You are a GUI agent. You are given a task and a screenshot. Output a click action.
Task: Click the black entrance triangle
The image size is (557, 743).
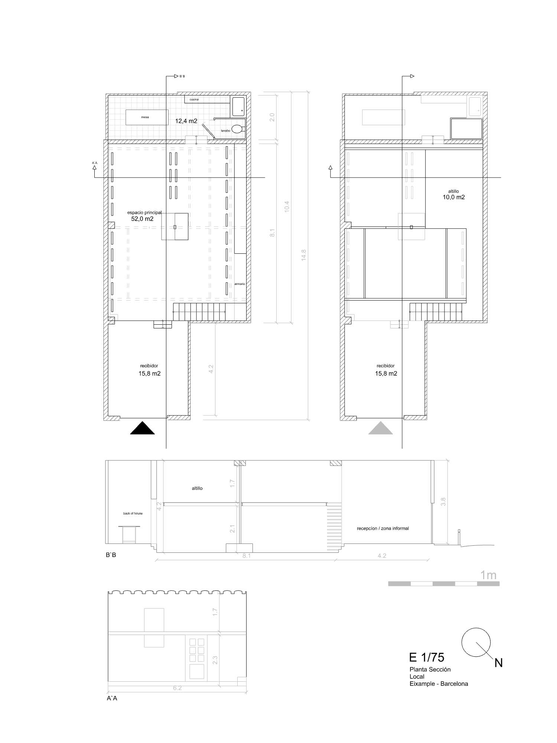142,429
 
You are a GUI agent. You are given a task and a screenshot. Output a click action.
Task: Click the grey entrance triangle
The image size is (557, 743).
380,429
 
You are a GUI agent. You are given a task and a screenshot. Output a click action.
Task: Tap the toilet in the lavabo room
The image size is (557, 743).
238,129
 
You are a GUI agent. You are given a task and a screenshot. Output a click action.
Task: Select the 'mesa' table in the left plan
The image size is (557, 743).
145,117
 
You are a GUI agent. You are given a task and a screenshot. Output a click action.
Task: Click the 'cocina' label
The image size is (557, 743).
194,100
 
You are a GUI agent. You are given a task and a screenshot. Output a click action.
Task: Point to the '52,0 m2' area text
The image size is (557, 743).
142,219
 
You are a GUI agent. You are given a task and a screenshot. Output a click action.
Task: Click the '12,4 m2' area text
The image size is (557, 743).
186,121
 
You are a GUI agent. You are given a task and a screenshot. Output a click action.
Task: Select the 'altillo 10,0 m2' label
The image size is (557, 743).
453,195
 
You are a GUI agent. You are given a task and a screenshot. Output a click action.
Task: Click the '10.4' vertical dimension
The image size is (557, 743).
287,207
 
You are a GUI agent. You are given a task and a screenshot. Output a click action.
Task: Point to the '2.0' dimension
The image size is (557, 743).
272,117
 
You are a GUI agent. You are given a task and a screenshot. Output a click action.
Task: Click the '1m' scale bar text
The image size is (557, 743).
488,575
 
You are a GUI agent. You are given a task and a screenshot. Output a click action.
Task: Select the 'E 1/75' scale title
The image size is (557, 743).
426,657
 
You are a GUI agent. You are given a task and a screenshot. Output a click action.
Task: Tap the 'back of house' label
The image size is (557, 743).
133,513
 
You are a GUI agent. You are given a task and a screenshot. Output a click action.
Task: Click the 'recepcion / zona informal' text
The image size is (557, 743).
382,528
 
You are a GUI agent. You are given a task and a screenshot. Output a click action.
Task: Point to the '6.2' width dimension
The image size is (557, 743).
177,688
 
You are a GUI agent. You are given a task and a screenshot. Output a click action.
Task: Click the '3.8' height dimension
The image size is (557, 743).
443,502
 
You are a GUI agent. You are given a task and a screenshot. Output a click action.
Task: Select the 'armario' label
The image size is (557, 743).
240,284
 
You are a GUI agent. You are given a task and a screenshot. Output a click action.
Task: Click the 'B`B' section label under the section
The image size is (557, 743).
111,556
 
